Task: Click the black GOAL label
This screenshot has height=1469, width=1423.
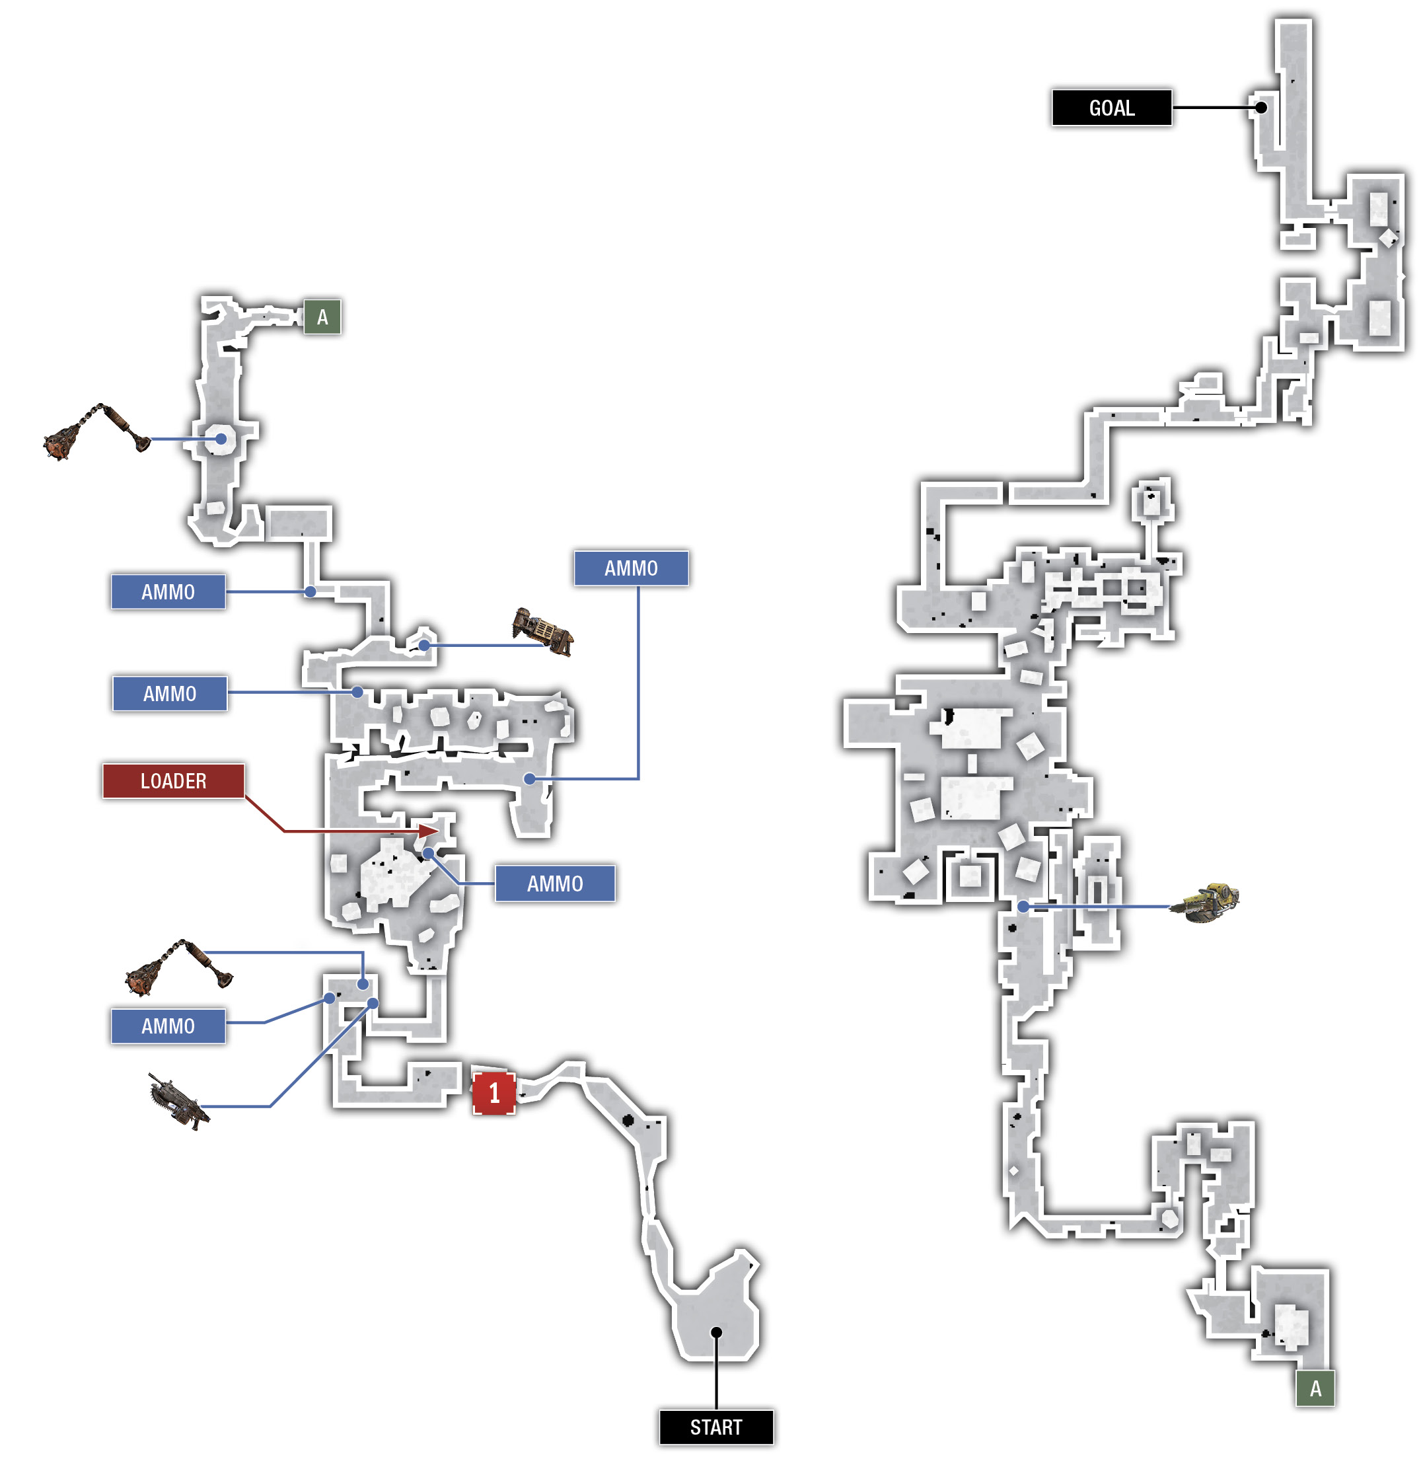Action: coord(1111,108)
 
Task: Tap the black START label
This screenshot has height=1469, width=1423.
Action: coord(715,1427)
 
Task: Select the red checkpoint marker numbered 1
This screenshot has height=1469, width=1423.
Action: coord(493,1093)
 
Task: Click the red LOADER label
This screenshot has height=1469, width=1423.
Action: coord(173,781)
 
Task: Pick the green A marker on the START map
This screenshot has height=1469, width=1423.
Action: coord(322,317)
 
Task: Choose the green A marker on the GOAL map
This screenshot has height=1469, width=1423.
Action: coord(1315,1389)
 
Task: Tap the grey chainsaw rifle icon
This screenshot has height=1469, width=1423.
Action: coord(178,1100)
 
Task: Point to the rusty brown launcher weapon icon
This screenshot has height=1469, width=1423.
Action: coord(542,631)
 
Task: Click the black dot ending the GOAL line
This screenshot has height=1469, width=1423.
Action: coord(1261,108)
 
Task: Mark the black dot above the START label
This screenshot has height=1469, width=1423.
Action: coord(716,1332)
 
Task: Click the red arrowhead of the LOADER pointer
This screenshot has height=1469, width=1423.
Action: coord(429,831)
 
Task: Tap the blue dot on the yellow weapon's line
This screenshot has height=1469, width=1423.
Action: coord(1023,907)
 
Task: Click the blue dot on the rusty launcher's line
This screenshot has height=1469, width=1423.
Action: coord(424,646)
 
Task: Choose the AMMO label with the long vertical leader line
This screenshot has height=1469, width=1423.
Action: coord(631,568)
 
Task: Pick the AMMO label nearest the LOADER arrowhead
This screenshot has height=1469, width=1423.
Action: coord(554,884)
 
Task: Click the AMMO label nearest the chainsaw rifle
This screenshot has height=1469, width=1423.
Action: coord(168,1026)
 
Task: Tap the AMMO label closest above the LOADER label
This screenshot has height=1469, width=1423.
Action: coord(169,693)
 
